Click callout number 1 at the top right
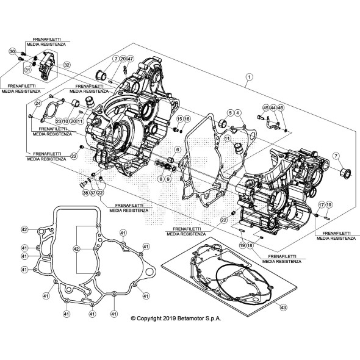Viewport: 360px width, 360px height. (249, 77)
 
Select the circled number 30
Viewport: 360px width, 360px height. (12, 52)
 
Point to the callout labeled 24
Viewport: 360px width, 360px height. (38, 104)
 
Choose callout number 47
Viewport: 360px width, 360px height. (130, 59)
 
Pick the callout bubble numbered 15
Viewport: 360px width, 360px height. (180, 118)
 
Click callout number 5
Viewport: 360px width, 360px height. (231, 113)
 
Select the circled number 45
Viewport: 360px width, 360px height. (265, 107)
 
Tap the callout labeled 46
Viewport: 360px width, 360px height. (280, 107)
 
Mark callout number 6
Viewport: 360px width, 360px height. (178, 149)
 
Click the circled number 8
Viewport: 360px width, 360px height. (160, 179)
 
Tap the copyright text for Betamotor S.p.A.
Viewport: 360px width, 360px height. (176, 318)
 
